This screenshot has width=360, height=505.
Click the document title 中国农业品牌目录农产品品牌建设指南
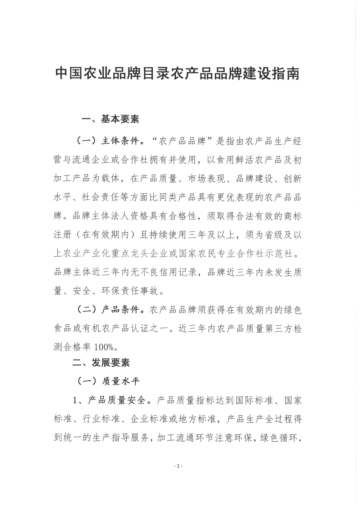tap(177, 74)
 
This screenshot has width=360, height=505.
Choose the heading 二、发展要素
tap(101, 363)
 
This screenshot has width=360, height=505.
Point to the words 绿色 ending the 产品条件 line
tap(293, 310)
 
